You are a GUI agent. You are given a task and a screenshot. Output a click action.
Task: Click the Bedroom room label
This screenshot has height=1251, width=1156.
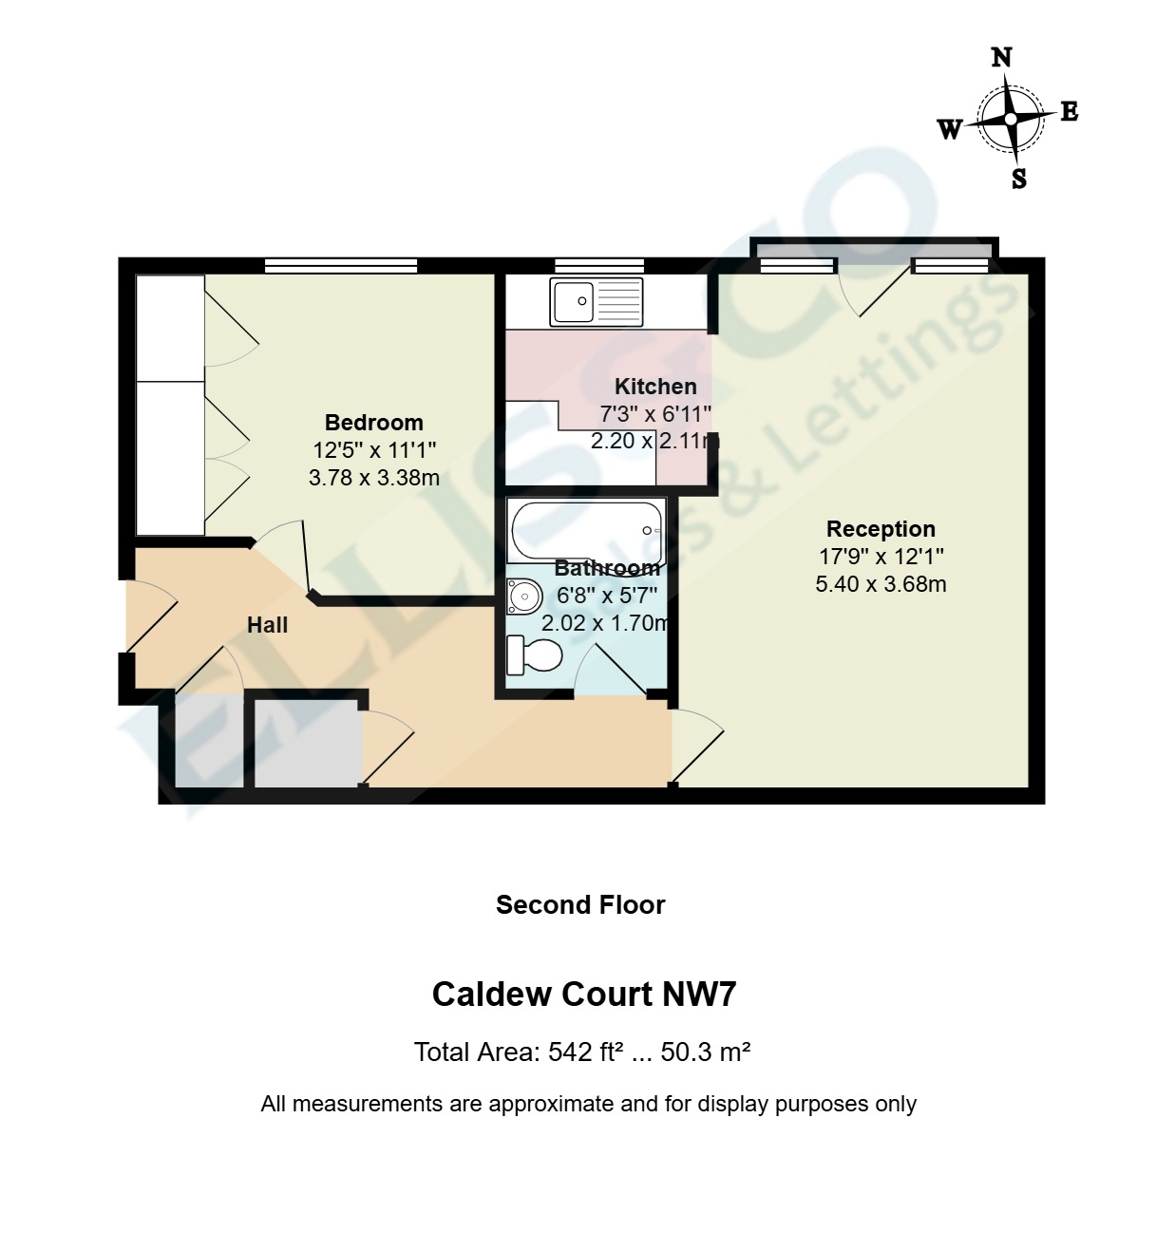pos(373,423)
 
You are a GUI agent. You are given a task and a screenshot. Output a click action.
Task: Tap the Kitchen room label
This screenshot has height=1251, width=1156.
pos(655,387)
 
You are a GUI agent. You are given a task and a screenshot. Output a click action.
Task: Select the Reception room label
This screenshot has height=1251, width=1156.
pos(881,529)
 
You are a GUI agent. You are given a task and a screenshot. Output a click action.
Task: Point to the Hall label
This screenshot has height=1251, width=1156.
pos(267,625)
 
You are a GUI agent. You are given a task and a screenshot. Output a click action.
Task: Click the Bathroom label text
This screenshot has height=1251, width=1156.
pos(607,568)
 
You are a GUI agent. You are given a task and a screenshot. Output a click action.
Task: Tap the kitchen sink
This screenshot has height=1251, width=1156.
pos(596,302)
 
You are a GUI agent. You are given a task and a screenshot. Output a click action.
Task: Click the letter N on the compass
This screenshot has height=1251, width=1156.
pos(1001,58)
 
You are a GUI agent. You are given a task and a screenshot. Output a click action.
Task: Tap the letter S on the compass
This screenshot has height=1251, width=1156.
pos(1019,179)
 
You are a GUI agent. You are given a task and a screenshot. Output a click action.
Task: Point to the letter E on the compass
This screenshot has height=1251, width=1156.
pos(1069,112)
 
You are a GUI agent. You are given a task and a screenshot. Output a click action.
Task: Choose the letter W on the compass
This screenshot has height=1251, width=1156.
pos(950,129)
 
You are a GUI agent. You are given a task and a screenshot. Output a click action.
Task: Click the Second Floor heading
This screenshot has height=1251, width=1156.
pos(579,905)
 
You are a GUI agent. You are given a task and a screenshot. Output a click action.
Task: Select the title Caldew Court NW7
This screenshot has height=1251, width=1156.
pos(584,995)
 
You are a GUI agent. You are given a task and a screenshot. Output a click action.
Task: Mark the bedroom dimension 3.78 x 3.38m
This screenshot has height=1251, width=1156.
pos(373,478)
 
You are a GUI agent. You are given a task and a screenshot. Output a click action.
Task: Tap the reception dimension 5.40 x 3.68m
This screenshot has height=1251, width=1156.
pos(881,584)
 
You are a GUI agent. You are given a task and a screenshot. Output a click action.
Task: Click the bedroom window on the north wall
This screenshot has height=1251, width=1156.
pos(340,266)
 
